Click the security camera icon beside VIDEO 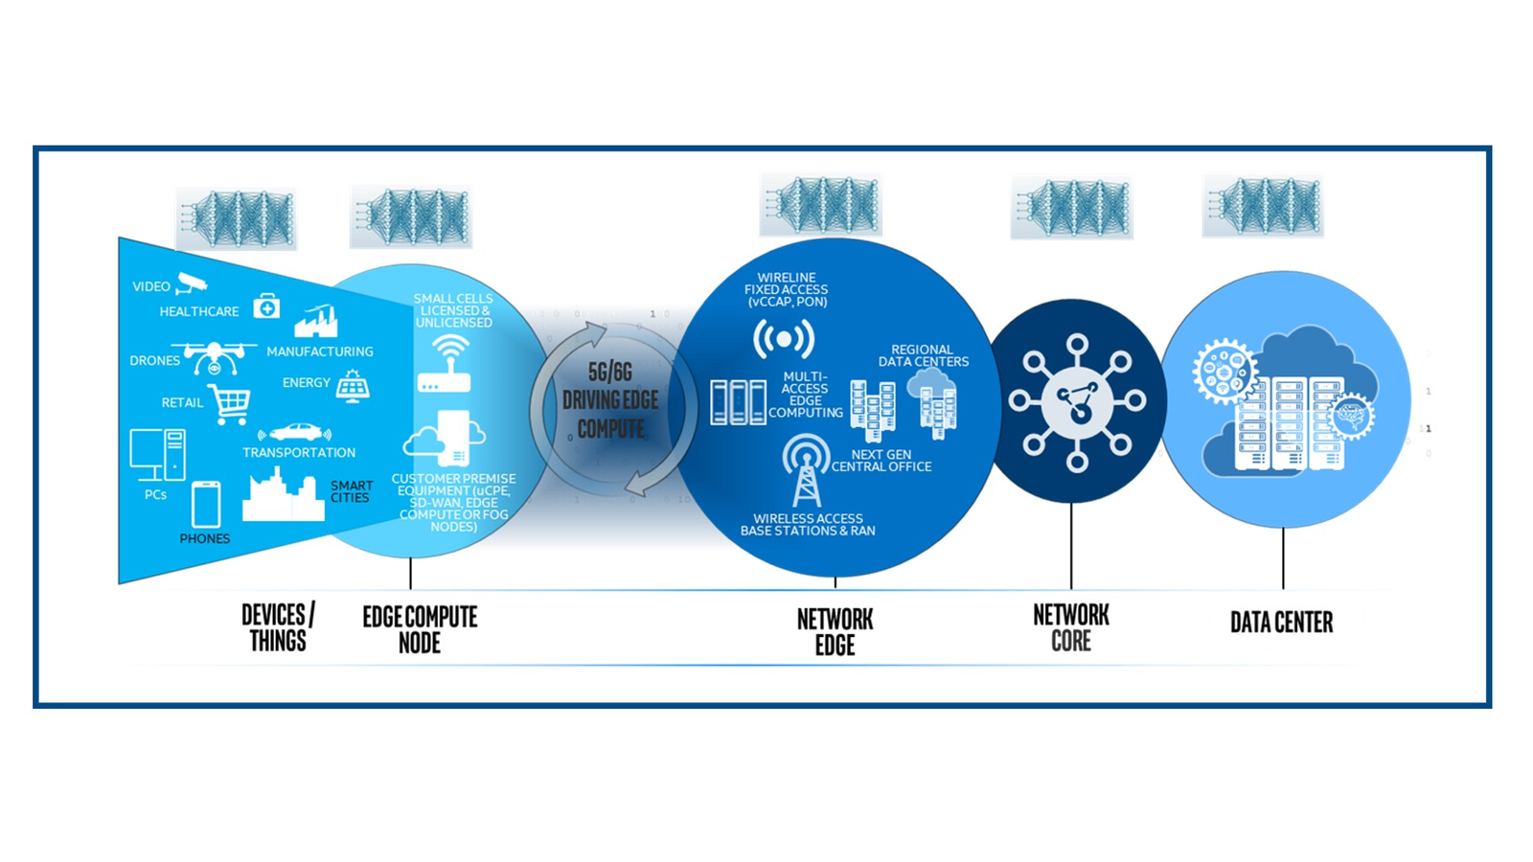(192, 283)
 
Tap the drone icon (214, 358)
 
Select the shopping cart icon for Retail (230, 404)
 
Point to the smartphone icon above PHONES (206, 504)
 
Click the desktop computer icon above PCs (158, 455)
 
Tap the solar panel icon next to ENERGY (353, 385)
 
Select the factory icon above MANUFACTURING (316, 322)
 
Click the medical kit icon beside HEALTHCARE (266, 306)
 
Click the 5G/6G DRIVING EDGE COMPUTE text (610, 400)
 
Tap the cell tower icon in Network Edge (805, 470)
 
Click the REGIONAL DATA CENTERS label (923, 356)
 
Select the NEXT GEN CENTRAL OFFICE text (881, 461)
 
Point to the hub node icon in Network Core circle (1078, 402)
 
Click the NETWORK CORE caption (1071, 627)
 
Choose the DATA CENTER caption (1281, 623)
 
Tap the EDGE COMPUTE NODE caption (420, 629)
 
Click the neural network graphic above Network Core (1071, 208)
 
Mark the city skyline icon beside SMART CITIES (283, 495)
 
